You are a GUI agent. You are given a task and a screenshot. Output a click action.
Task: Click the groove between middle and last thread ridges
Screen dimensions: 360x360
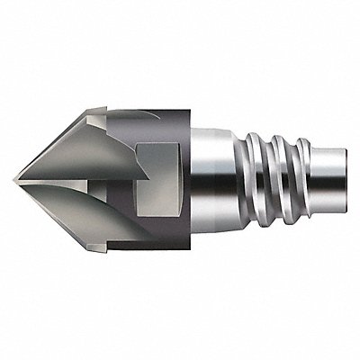point(282,180)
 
